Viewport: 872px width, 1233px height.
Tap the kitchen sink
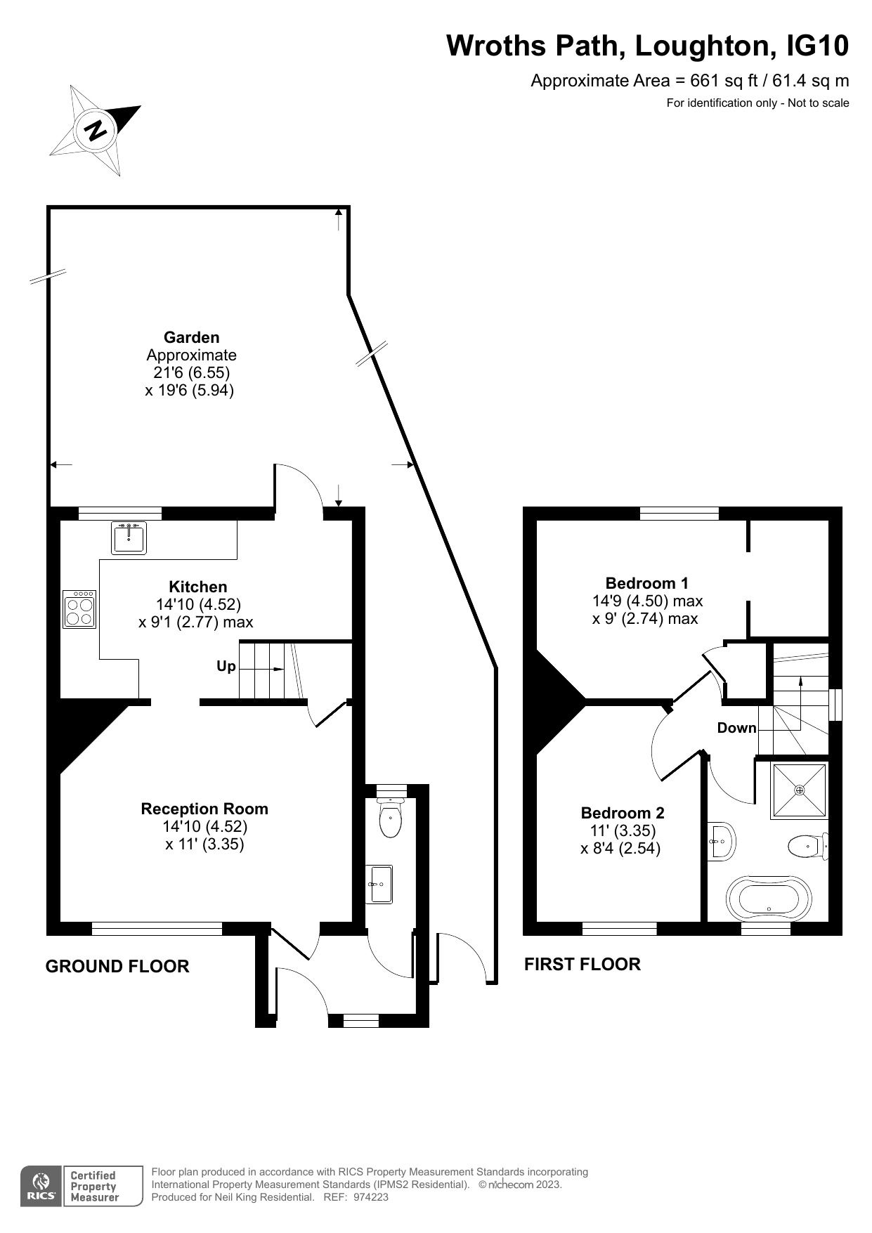129,538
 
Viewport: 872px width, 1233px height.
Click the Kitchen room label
198,587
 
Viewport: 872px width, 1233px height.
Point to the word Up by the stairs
226,666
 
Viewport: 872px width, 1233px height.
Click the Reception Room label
204,809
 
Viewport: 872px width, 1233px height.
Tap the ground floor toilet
390,818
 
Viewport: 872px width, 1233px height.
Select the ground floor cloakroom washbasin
380,884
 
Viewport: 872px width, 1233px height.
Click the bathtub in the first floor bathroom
768,897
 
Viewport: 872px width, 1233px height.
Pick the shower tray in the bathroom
800,790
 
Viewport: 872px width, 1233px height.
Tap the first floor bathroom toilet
808,847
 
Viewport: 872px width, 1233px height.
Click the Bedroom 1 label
646,582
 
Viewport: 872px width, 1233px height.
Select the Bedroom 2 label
622,813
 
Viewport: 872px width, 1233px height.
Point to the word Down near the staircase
736,728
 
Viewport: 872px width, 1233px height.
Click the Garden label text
191,337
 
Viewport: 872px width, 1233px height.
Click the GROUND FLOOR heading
117,966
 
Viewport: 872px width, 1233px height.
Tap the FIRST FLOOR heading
582,964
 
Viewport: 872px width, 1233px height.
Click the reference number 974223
370,1197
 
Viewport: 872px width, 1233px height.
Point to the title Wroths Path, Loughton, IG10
647,46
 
